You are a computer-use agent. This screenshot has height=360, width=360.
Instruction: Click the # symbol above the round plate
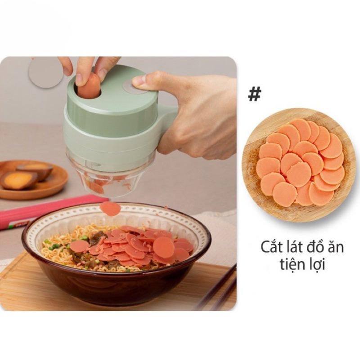(255, 94)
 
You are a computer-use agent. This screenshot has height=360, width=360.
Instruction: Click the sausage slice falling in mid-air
(110, 208)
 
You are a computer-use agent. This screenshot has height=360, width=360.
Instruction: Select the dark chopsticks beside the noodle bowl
(220, 288)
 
